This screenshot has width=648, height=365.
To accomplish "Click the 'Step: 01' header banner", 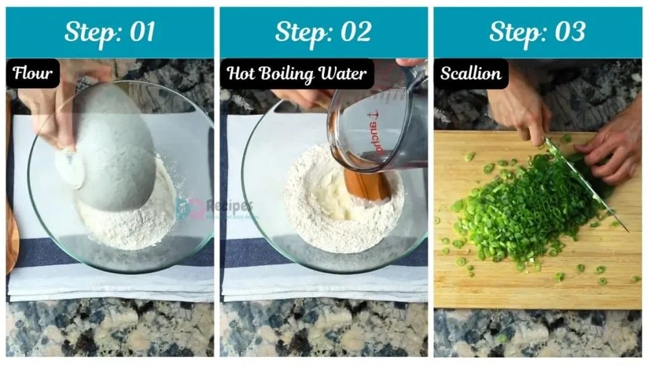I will [x=109, y=32].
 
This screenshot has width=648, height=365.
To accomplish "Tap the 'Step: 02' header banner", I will [x=323, y=32].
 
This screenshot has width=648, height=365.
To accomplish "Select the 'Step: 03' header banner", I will [x=537, y=32].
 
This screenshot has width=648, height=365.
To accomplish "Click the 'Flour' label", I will [x=33, y=74].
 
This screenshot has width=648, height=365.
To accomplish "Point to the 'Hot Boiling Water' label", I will [x=297, y=74].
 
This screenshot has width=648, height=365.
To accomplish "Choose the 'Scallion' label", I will [x=471, y=74].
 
